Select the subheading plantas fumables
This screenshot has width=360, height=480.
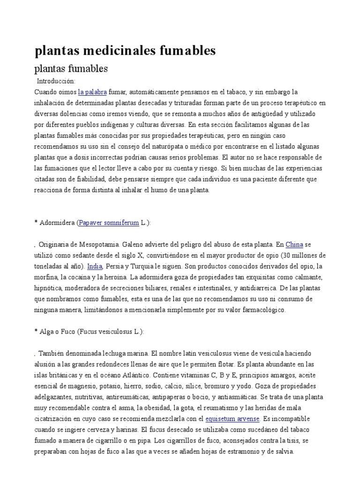point(71,68)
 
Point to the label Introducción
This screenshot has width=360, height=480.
point(55,81)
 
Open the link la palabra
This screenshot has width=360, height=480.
point(92,92)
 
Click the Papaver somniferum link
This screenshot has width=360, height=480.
point(109,223)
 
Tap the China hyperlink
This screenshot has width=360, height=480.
point(294,244)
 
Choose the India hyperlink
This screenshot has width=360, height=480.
point(95,266)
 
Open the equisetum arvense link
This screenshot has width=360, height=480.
point(232,419)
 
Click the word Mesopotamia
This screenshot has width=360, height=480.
point(97,244)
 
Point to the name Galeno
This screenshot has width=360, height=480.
point(138,244)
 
